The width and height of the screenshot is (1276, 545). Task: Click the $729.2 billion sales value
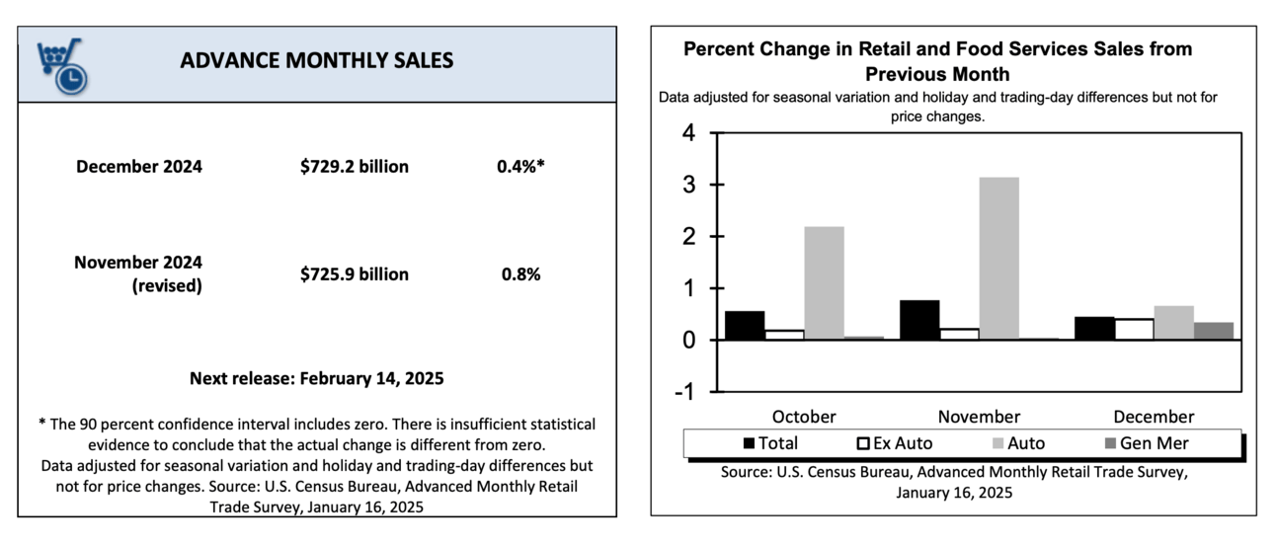pyautogui.click(x=355, y=167)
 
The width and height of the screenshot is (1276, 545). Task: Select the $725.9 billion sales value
pyautogui.click(x=355, y=274)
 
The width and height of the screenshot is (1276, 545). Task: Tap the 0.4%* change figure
pyautogui.click(x=520, y=167)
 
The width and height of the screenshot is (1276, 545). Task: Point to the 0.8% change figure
pyautogui.click(x=520, y=274)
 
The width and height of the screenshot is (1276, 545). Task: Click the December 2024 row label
pyautogui.click(x=139, y=167)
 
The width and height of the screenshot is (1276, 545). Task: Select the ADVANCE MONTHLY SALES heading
pyautogui.click(x=317, y=60)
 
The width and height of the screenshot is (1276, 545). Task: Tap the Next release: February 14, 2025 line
pyautogui.click(x=317, y=378)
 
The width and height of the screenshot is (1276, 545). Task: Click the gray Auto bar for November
pyautogui.click(x=999, y=258)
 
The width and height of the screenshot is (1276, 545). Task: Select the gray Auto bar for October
pyautogui.click(x=824, y=282)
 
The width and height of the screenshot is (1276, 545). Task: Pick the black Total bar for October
pyautogui.click(x=746, y=325)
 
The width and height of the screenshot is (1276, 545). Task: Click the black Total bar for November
pyautogui.click(x=919, y=320)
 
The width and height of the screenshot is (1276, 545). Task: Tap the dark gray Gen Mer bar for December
pyautogui.click(x=1214, y=331)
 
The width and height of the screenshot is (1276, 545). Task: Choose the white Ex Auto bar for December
pyautogui.click(x=1134, y=329)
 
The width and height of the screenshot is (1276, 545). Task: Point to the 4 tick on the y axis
pyautogui.click(x=688, y=133)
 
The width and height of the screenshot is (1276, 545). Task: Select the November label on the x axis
pyautogui.click(x=979, y=417)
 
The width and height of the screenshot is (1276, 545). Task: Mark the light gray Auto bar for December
pyautogui.click(x=1173, y=323)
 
